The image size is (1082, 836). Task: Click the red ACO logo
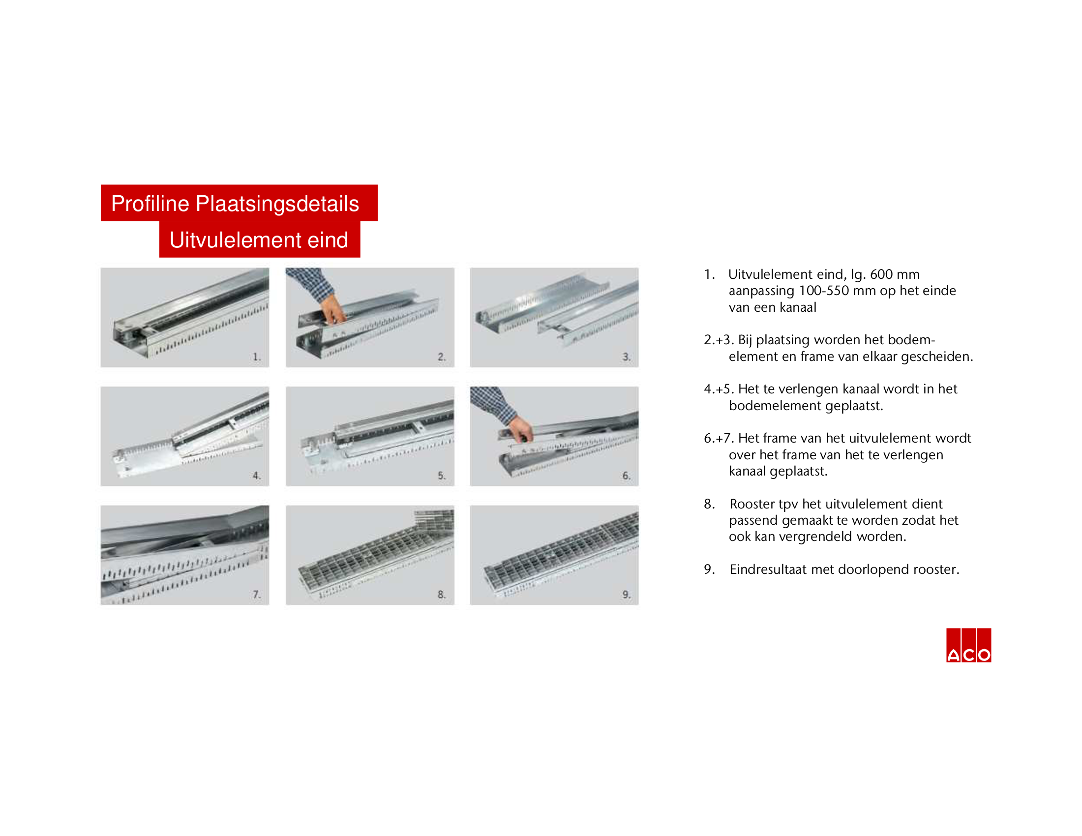pyautogui.click(x=968, y=645)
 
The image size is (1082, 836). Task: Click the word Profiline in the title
pyautogui.click(x=150, y=204)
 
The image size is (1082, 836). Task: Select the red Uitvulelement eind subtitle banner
pyautogui.click(x=260, y=239)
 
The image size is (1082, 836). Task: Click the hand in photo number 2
pyautogui.click(x=332, y=309)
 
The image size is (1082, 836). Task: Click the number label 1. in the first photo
pyautogui.click(x=257, y=357)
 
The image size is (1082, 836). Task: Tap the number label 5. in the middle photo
pyautogui.click(x=442, y=476)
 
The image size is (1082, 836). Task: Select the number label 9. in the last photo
pyautogui.click(x=627, y=595)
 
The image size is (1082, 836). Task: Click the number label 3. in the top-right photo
pyautogui.click(x=627, y=357)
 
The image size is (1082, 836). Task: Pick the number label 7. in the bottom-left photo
pyautogui.click(x=257, y=595)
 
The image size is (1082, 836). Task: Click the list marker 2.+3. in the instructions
pyautogui.click(x=719, y=340)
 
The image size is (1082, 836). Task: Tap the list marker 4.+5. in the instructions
pyautogui.click(x=719, y=389)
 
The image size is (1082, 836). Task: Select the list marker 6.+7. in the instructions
pyautogui.click(x=719, y=438)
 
